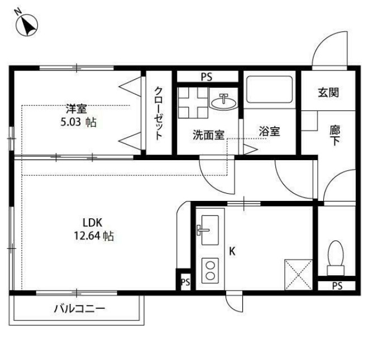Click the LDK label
click(x=92, y=222)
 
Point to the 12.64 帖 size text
click(x=94, y=236)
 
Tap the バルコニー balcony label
click(x=79, y=309)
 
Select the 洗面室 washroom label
click(x=208, y=134)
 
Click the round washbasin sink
click(x=224, y=101)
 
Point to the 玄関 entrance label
click(x=328, y=93)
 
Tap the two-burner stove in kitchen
click(x=210, y=271)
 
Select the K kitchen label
click(x=232, y=251)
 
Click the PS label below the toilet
click(x=336, y=286)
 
